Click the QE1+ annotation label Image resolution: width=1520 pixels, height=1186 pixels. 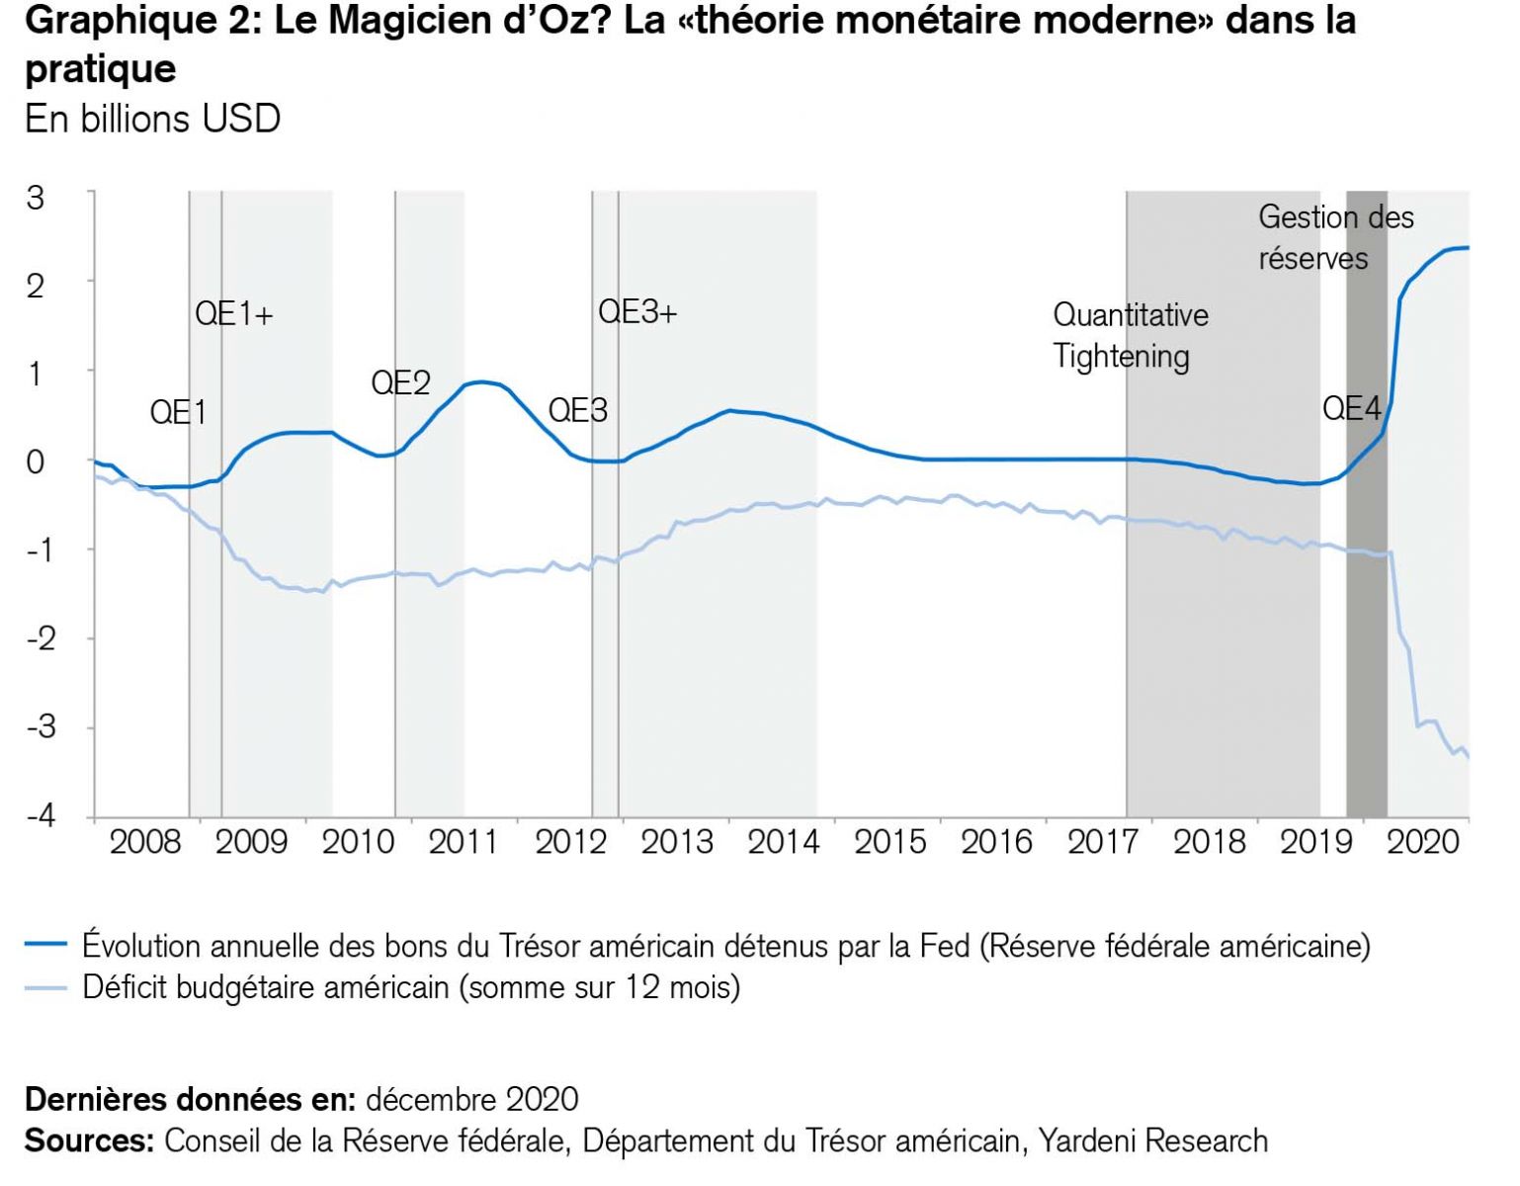233,314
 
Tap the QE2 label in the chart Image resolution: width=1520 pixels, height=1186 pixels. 400,382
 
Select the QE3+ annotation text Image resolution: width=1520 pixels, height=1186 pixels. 637,312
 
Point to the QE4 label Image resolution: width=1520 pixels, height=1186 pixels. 1350,408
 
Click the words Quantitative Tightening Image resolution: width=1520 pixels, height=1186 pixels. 1130,335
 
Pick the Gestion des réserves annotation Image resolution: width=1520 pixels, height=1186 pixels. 1335,237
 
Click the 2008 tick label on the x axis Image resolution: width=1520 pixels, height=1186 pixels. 145,842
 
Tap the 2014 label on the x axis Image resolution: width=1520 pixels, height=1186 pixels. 784,842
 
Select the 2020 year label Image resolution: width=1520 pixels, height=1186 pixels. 1422,842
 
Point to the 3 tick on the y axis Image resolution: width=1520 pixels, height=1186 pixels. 36,198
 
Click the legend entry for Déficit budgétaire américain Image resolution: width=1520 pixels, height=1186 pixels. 410,987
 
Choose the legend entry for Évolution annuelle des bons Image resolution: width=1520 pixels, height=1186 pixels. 725,946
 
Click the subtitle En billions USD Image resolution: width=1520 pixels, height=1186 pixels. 152,119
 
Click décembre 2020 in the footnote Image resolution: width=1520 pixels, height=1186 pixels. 471,1099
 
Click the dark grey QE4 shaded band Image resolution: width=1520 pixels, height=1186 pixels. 1366,593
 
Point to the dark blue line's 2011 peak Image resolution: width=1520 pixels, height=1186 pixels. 480,381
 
